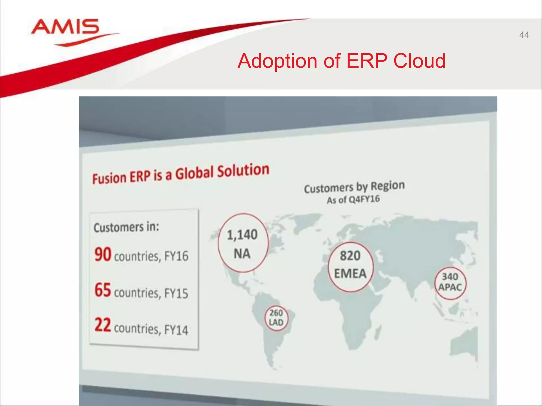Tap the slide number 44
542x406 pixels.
click(x=524, y=35)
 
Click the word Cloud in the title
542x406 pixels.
click(x=419, y=61)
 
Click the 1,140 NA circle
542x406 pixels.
click(x=243, y=243)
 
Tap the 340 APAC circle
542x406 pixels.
click(x=450, y=283)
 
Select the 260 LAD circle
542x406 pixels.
click(x=276, y=318)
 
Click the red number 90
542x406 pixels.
click(x=103, y=254)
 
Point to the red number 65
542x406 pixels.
click(x=103, y=290)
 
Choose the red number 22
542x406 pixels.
click(x=103, y=325)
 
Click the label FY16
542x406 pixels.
click(x=176, y=256)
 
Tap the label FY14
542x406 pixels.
click(x=176, y=330)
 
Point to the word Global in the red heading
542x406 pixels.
click(x=195, y=174)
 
